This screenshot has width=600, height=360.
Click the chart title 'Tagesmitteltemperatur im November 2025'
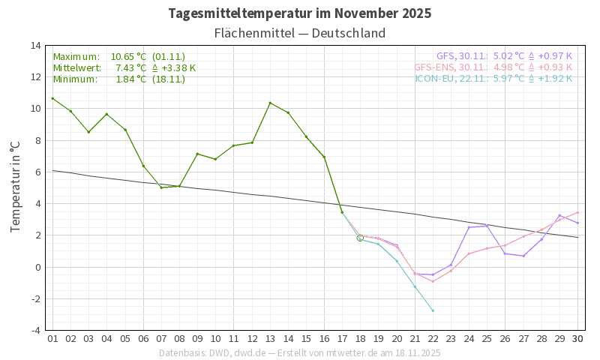tap(300, 13)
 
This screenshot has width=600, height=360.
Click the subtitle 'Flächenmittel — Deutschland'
tap(300, 33)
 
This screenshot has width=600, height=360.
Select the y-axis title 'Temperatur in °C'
tap(15, 187)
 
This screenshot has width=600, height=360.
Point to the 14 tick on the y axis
tap(36, 45)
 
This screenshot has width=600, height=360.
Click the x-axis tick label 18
tap(360, 339)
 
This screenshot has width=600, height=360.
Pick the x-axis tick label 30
tap(577, 339)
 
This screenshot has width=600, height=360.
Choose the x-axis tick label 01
tap(52, 339)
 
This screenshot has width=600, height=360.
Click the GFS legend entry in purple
tap(504, 56)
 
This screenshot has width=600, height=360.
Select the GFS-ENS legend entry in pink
tap(493, 67)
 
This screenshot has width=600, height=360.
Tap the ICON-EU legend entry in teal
tap(493, 78)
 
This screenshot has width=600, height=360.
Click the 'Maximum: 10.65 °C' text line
tap(118, 57)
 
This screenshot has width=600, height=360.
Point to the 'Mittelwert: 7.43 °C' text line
tap(124, 67)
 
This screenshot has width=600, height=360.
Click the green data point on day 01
tap(52, 98)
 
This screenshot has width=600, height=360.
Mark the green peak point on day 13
tap(270, 103)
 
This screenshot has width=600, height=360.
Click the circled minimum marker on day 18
tap(360, 238)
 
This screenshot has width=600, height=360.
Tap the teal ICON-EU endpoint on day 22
tap(433, 310)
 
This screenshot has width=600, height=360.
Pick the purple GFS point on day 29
tap(559, 215)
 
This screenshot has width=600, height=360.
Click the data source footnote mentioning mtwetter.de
tap(300, 352)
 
